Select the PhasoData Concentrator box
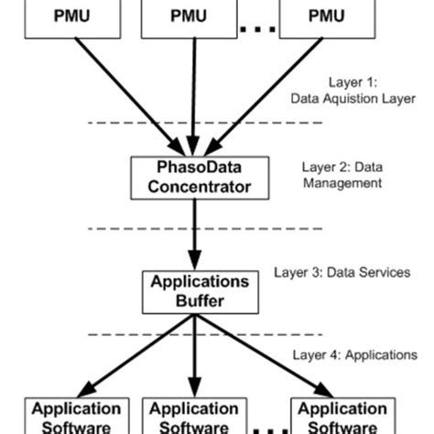pos(193,178)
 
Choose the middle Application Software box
pos(193,417)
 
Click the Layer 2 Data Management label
pos(341,175)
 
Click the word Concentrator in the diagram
pos(193,187)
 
